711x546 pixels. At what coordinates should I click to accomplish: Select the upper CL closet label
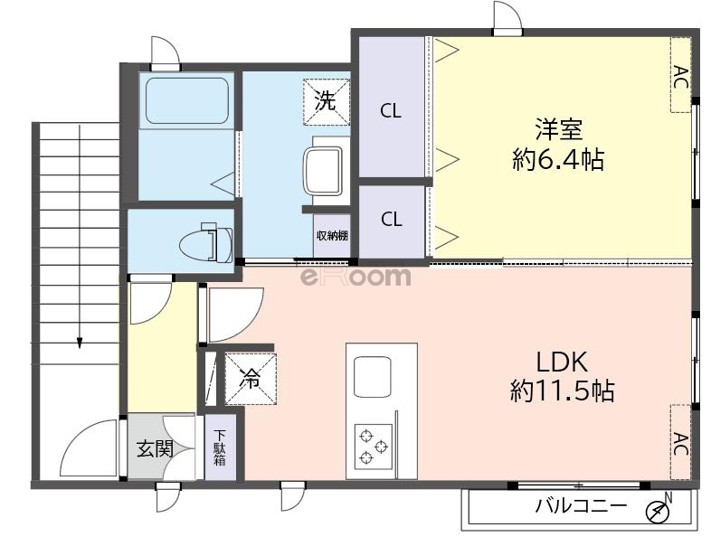(x=391, y=111)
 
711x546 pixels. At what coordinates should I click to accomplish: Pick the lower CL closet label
(x=391, y=219)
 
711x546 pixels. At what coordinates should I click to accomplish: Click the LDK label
(x=563, y=362)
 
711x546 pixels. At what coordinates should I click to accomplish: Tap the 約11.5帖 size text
(x=563, y=391)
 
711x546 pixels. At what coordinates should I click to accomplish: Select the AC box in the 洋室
(x=680, y=75)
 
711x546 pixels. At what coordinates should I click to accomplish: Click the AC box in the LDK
(x=680, y=442)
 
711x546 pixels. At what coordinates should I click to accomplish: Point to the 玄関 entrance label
(x=155, y=447)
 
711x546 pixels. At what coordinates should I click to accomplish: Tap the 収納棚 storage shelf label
(x=332, y=237)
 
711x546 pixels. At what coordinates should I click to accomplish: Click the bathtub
(x=185, y=102)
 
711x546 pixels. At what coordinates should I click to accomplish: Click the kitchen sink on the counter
(x=373, y=377)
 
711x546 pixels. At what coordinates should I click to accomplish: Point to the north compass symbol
(x=659, y=511)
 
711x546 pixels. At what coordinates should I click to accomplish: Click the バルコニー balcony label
(x=580, y=507)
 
